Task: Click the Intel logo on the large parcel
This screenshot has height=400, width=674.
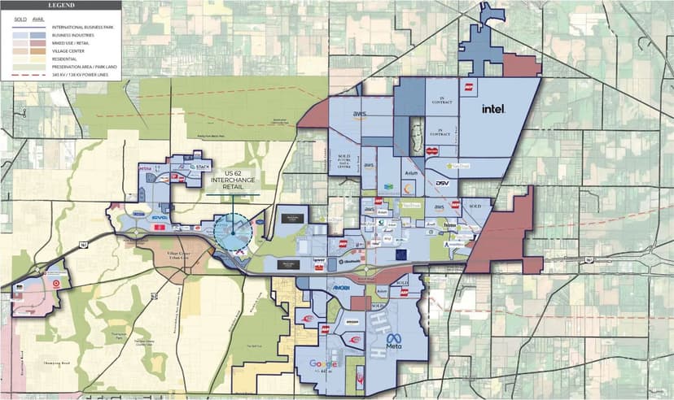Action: [x=494, y=108]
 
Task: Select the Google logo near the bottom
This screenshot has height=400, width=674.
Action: [x=323, y=364]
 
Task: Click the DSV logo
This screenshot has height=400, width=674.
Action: [x=442, y=184]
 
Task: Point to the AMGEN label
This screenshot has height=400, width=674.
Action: [x=341, y=289]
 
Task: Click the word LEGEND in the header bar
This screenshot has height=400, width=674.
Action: [x=60, y=5]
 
